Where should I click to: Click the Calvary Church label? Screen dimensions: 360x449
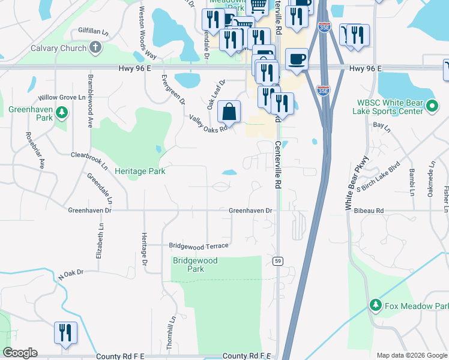click(53, 48)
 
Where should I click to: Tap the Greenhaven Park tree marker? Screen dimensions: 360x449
click(61, 113)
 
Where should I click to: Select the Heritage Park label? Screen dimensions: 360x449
click(140, 171)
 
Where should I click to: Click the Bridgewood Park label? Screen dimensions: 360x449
click(195, 265)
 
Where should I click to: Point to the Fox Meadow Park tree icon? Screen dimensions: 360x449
click(376, 306)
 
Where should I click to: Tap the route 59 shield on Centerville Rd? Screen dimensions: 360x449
click(277, 261)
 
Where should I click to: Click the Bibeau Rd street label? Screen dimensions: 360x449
click(368, 211)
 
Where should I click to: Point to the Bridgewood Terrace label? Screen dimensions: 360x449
click(198, 246)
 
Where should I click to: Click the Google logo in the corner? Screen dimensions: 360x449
click(20, 353)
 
